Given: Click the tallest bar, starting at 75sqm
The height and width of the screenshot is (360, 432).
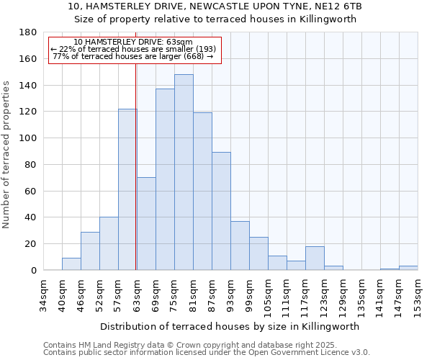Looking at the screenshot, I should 184,172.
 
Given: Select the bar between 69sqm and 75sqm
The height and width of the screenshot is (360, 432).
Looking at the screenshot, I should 165,179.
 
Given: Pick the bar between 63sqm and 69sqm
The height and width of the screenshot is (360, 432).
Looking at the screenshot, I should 146,223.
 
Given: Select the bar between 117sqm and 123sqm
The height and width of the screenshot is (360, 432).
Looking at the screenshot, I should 315,258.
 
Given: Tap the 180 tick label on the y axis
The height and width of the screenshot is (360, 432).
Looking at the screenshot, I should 29,32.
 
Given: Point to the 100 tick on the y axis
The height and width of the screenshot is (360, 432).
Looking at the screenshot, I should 29,138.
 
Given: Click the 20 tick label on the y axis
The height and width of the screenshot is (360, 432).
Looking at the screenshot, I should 32,244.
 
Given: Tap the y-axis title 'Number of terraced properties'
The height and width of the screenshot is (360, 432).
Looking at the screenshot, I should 6,155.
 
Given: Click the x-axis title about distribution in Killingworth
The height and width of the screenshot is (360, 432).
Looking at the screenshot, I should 230,326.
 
